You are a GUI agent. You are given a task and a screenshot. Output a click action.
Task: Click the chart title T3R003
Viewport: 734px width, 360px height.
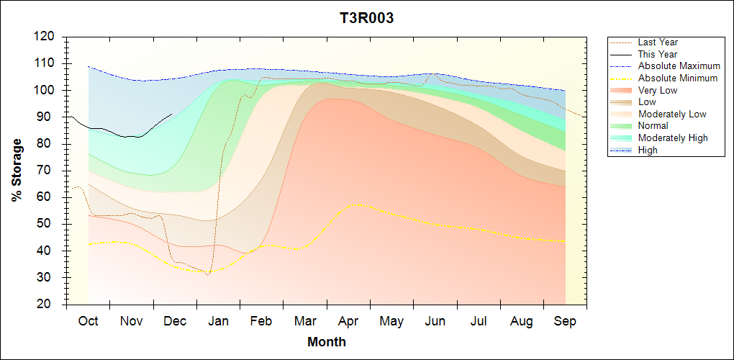366,19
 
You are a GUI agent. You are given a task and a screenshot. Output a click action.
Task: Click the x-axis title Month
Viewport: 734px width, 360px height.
327,342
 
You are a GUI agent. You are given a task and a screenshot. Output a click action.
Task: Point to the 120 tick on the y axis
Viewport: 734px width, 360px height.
45,36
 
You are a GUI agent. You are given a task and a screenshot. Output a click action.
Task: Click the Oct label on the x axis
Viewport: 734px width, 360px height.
88,321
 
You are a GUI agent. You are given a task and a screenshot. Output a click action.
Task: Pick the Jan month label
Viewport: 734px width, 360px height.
218,321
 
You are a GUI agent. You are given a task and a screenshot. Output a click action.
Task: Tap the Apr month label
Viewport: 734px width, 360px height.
348,321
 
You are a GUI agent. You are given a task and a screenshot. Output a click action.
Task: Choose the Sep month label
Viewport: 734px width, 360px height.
565,321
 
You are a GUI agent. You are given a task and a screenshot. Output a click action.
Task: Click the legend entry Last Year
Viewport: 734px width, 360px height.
658,42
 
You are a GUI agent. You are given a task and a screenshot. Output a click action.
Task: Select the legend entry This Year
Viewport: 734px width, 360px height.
658,54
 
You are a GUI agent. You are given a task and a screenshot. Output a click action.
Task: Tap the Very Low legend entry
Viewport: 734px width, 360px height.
658,90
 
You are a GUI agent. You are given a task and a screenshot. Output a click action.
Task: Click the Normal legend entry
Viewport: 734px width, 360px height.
653,126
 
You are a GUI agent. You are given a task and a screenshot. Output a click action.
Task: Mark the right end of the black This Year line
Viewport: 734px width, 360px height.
172,114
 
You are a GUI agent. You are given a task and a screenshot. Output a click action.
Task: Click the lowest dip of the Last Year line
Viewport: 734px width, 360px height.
207,275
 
